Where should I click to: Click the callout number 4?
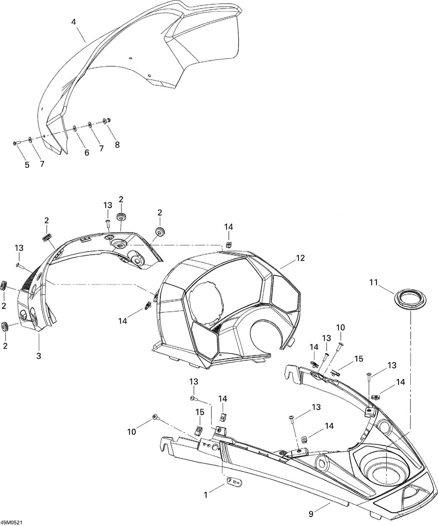point(73,22)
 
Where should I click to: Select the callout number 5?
point(27,165)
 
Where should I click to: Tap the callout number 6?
point(86,153)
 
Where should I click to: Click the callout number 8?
point(117,145)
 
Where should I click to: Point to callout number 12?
point(300,258)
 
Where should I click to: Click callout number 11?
point(373,282)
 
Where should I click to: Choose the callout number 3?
point(38,356)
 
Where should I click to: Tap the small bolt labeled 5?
point(17,143)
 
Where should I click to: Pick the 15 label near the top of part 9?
point(359,359)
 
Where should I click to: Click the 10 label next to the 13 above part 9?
point(340,327)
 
